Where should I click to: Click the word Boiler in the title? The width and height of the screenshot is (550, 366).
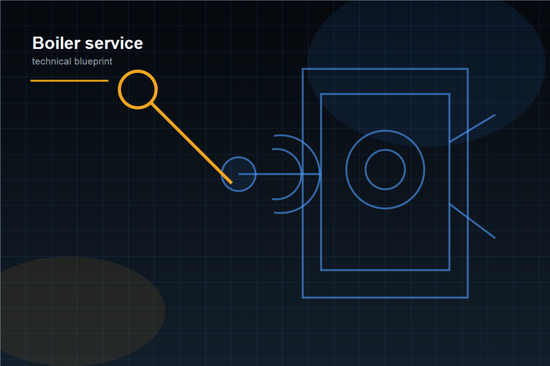pos(56,43)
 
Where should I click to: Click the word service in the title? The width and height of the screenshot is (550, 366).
pos(114,43)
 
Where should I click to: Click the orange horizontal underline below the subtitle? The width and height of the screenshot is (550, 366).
pos(69,81)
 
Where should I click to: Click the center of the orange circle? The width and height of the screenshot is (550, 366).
pos(138,90)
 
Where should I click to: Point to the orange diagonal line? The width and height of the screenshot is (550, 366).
pos(192,143)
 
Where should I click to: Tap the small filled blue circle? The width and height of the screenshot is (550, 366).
pos(239,174)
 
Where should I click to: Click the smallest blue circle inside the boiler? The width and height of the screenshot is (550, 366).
pos(385,150)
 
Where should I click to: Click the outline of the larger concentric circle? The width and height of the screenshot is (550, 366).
pos(385,131)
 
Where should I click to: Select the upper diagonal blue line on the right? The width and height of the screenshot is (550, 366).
pos(472,128)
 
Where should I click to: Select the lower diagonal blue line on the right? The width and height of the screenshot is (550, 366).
pos(472,221)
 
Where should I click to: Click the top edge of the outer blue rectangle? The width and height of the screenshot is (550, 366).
pos(385,69)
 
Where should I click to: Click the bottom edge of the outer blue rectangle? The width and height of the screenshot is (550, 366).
pos(385,297)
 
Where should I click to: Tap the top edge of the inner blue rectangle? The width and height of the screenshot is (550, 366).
pos(385,94)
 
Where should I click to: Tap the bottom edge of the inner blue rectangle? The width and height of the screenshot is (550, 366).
pos(385,270)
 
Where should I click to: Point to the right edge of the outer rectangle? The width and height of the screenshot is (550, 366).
pos(467,183)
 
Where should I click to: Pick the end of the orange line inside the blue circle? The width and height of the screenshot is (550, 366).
pos(231,183)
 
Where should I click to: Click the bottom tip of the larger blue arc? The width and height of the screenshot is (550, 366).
pos(274,213)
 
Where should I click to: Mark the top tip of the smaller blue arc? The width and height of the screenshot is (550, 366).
pos(272,149)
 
